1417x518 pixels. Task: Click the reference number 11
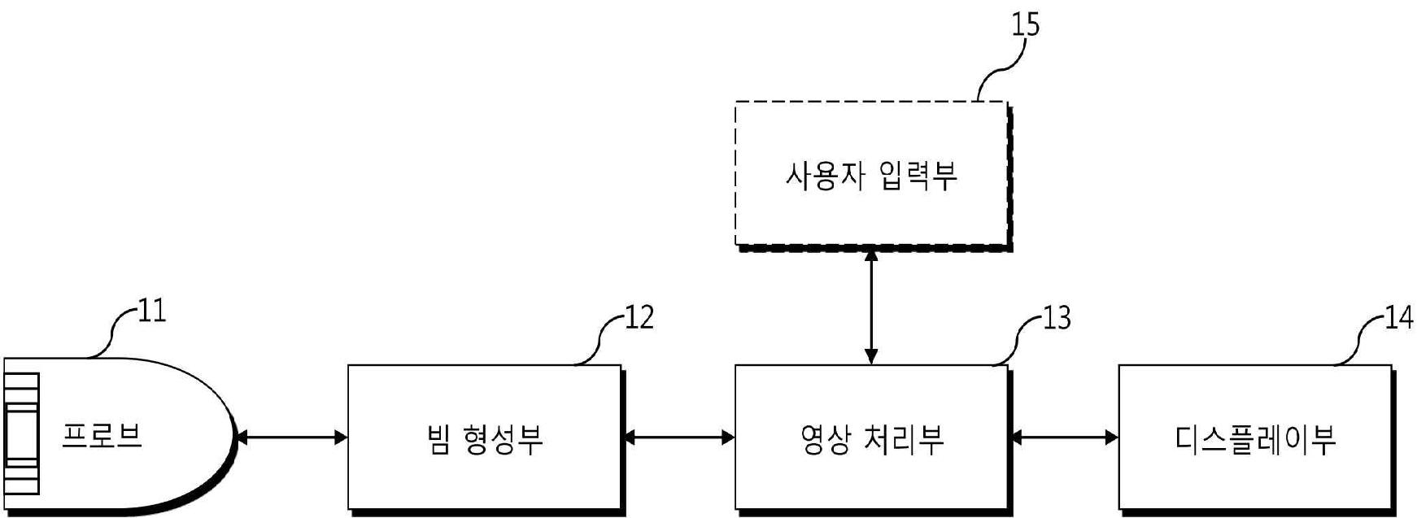click(x=152, y=311)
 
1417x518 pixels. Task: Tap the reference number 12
click(x=639, y=318)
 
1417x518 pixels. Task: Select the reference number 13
click(x=1057, y=318)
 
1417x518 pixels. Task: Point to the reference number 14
click(x=1399, y=318)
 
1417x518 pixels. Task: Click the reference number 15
click(x=1025, y=25)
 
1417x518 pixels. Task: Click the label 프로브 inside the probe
click(x=102, y=437)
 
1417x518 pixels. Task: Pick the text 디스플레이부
click(x=1255, y=439)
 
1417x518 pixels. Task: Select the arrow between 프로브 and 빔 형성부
click(x=290, y=437)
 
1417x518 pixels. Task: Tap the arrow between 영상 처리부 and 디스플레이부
click(x=1063, y=437)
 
